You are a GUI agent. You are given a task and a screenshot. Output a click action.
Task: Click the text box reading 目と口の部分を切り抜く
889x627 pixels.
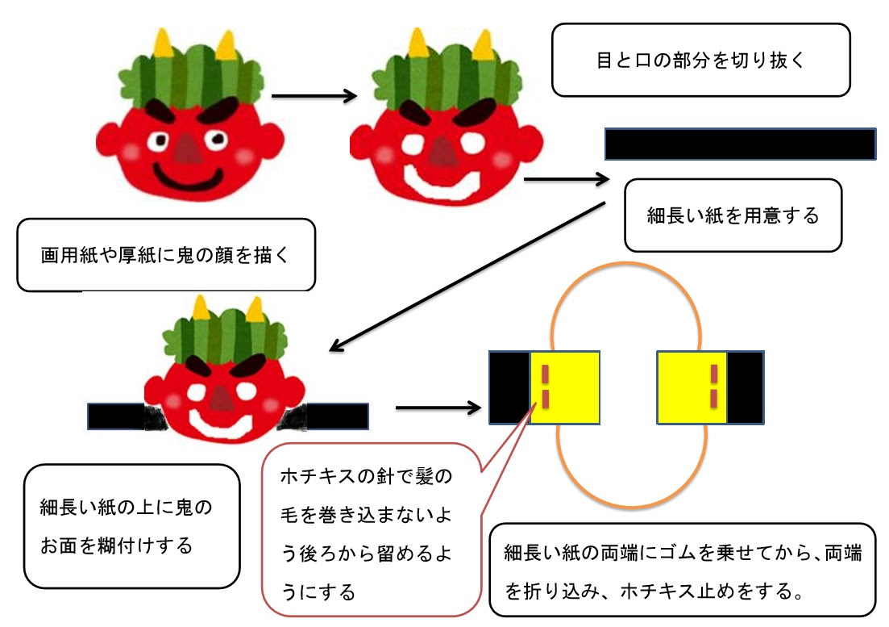(700, 60)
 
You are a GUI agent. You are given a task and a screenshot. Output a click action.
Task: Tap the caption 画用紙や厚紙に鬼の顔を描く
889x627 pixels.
(165, 255)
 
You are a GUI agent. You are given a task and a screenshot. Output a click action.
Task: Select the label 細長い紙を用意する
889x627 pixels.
(733, 215)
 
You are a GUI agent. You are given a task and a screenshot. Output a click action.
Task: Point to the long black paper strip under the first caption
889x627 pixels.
(740, 144)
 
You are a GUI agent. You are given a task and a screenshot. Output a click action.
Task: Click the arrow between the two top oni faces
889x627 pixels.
(314, 96)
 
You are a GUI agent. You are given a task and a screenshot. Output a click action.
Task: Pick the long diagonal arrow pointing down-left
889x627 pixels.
(467, 275)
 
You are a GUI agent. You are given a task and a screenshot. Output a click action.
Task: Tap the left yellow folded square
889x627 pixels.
(564, 387)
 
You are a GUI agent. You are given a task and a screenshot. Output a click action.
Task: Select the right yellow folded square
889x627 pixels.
(692, 387)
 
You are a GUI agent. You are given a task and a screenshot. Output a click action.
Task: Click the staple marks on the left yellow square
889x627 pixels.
(545, 386)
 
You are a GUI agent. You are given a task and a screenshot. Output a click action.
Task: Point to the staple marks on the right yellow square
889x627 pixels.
(713, 386)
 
